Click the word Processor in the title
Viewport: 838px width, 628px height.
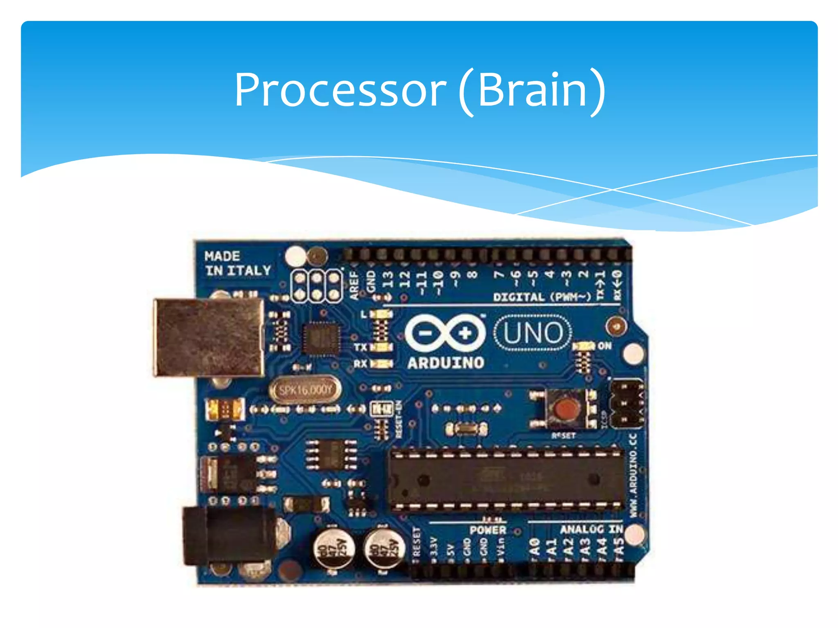click(340, 90)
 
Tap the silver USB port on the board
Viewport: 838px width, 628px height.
click(209, 337)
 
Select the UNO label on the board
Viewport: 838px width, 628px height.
click(533, 333)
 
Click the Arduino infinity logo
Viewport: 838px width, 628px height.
click(445, 333)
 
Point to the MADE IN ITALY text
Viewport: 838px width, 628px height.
click(238, 264)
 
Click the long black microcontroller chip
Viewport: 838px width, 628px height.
click(506, 480)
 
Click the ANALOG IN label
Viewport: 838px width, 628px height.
click(591, 529)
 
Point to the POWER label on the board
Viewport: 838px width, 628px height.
click(488, 530)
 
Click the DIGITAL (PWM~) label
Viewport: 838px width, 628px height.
click(542, 297)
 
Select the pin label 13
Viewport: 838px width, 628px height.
click(387, 280)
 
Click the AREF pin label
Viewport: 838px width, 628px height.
click(354, 285)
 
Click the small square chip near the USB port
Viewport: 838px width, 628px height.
click(321, 338)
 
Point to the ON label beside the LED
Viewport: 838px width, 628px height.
click(605, 346)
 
